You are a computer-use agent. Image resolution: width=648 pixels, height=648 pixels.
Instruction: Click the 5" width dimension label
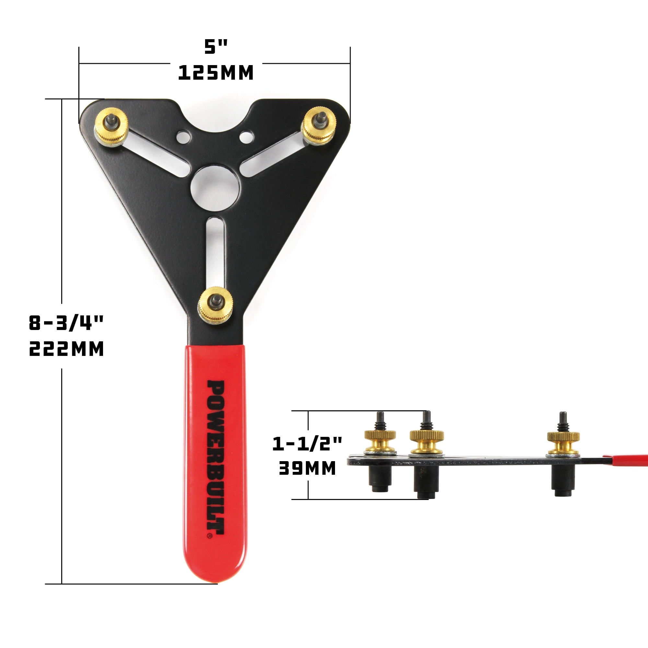point(216,47)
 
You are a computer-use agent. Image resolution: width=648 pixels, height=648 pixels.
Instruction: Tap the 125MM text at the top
point(215,73)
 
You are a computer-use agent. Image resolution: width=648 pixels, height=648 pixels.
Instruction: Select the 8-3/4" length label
point(66,323)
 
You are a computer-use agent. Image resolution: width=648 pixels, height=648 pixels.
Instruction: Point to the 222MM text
point(66,349)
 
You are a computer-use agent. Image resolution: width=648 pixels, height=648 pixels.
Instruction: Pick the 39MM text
point(307,468)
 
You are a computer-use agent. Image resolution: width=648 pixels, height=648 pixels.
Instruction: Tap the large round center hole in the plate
point(215,188)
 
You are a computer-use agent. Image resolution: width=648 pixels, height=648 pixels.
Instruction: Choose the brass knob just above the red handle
point(215,304)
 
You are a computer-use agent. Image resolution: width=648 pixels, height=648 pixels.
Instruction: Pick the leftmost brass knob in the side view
point(380,440)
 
